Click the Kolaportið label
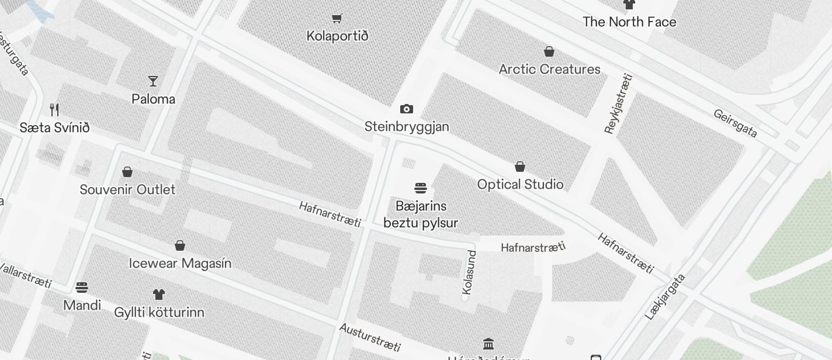click(x=337, y=36)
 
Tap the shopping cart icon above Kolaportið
click(x=337, y=18)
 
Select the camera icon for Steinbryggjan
click(x=407, y=109)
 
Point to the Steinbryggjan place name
click(x=407, y=127)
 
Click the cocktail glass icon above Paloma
click(x=153, y=81)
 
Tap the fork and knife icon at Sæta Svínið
click(x=54, y=109)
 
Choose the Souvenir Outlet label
click(x=127, y=190)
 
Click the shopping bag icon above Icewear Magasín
click(x=180, y=245)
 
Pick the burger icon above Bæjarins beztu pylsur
click(x=421, y=188)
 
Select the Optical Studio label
click(x=520, y=185)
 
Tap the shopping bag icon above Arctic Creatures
click(x=549, y=51)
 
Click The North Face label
click(x=629, y=22)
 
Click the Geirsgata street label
click(x=735, y=123)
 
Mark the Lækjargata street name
click(x=665, y=296)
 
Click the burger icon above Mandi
click(x=82, y=287)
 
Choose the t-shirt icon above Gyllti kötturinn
click(x=159, y=294)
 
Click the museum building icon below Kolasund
click(x=488, y=344)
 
